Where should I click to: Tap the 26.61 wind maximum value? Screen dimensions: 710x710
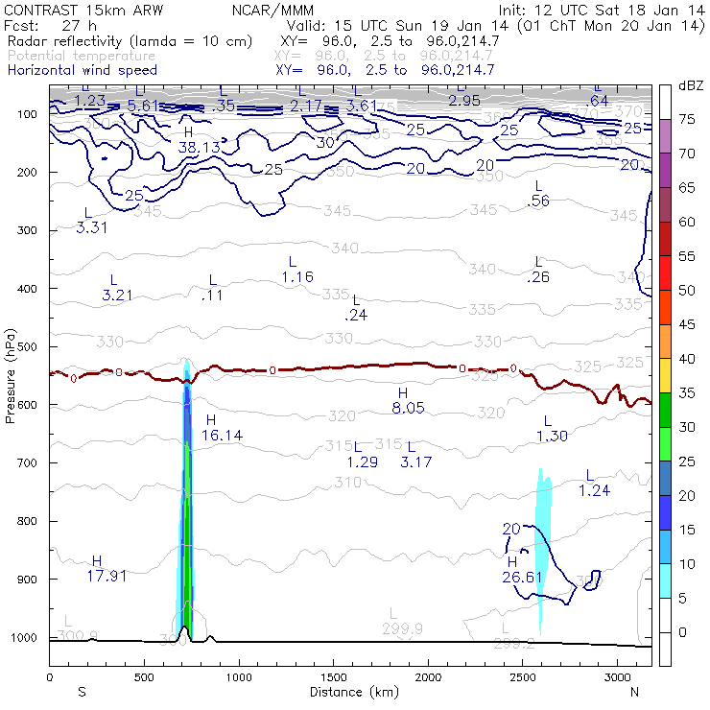pos(522,577)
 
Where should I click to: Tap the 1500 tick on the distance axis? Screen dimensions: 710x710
pos(333,677)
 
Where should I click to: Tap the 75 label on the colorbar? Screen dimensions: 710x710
pos(686,120)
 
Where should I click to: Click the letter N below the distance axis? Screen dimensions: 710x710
pos(634,691)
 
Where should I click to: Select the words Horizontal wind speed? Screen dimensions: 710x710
pos(83,71)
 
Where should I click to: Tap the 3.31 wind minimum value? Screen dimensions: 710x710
pos(91,227)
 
